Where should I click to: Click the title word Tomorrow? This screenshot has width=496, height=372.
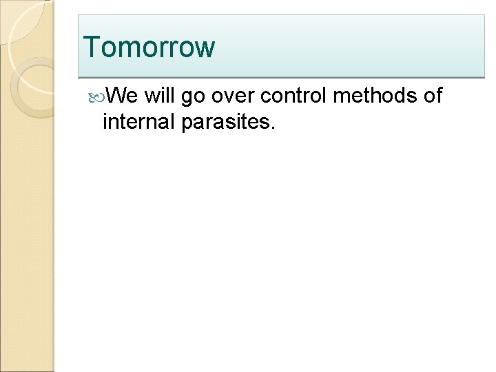coord(149,47)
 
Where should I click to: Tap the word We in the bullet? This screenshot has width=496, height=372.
coord(124,96)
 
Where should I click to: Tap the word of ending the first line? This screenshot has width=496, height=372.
coord(431,96)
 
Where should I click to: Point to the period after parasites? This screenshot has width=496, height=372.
coord(273,128)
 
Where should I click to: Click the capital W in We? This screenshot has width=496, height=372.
coord(118,96)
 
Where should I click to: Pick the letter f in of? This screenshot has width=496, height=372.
coord(437,96)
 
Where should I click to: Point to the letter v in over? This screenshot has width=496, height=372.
coord(229,98)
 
